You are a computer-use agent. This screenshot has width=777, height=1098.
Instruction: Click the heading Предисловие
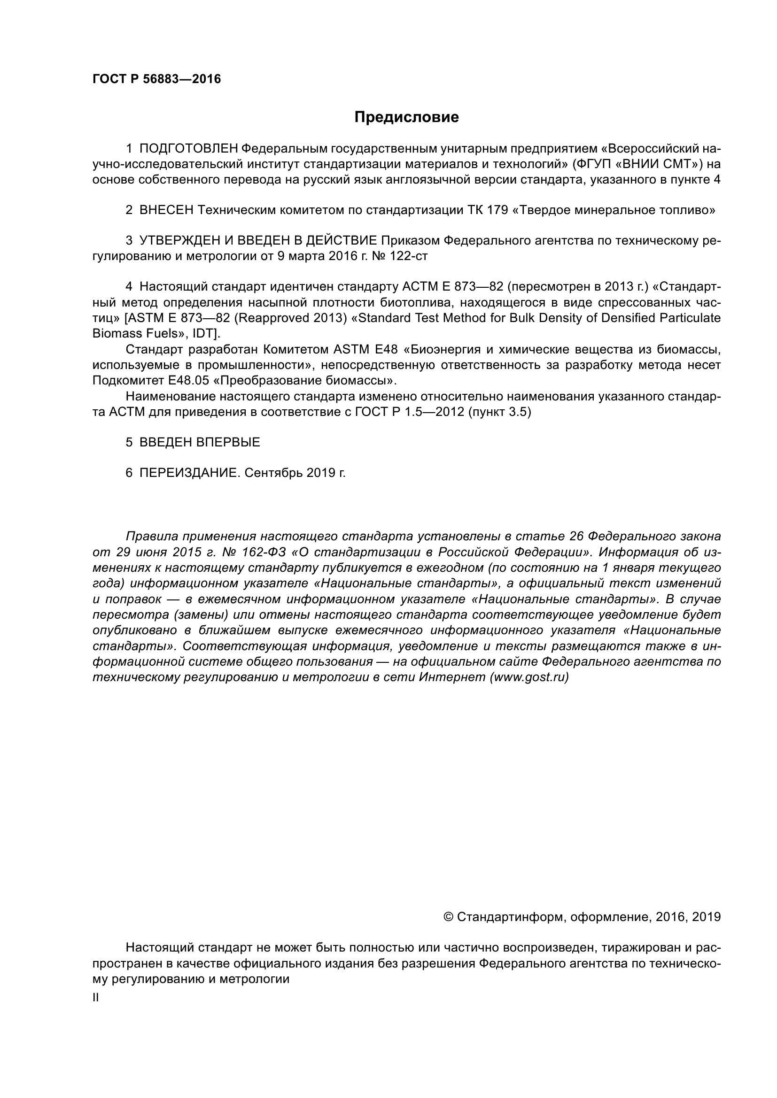pos(406,117)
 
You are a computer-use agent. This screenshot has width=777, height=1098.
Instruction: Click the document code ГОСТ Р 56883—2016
pos(156,79)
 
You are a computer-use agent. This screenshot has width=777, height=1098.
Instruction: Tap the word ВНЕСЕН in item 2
pos(166,210)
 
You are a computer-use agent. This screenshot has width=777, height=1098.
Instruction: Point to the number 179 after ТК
pos(497,210)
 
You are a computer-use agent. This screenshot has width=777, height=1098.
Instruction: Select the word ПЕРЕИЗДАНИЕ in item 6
pos(188,473)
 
